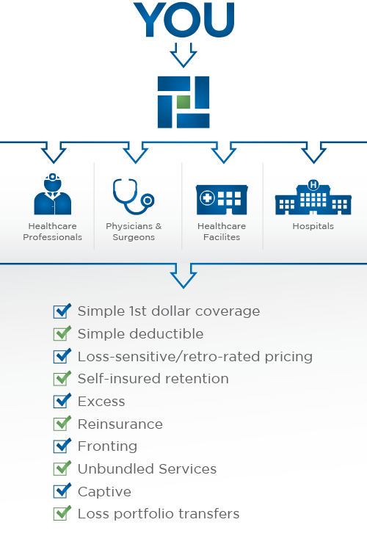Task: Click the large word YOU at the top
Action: coord(183,20)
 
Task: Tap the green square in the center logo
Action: coord(183,102)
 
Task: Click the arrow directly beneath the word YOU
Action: coord(183,55)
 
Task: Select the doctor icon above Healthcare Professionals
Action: coord(53,194)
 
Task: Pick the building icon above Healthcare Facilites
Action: coord(222,200)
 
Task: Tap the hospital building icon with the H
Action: coord(313,198)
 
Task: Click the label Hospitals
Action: coord(313,226)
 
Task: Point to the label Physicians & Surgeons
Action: coord(134,231)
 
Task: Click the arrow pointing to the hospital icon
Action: coord(313,152)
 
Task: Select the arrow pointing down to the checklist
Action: coord(183,275)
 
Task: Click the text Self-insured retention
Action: coord(153,379)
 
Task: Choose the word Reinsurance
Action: coord(120,424)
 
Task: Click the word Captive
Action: coord(105,491)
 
